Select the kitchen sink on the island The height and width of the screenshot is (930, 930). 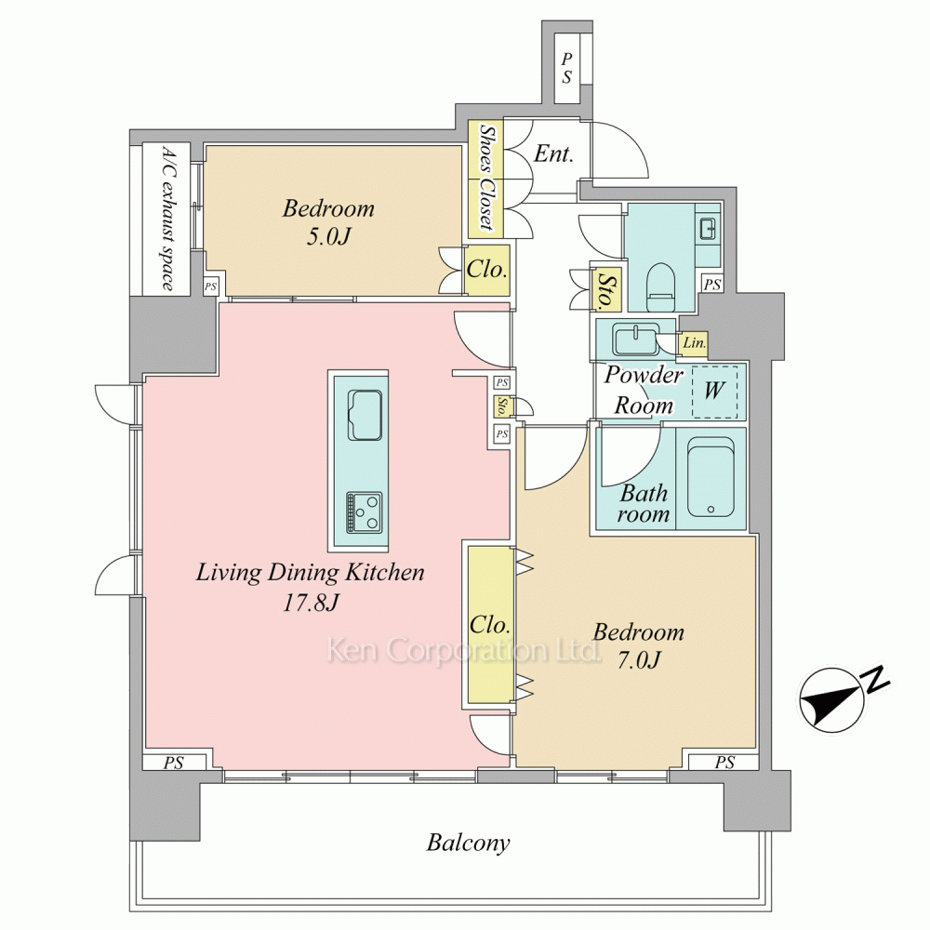(x=365, y=415)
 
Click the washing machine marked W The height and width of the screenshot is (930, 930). (x=714, y=392)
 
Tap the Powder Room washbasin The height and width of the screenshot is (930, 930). (x=636, y=339)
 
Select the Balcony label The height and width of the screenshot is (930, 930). (x=468, y=843)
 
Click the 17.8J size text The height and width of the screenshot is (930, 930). (x=311, y=604)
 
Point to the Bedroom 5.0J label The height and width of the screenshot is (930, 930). (x=328, y=222)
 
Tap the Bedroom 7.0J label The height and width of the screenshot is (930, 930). (x=638, y=645)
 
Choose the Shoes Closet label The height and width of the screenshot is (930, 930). (x=486, y=177)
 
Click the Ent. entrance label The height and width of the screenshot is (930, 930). (x=553, y=153)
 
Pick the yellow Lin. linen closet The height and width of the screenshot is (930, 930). (x=694, y=343)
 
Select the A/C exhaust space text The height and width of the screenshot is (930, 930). (x=167, y=219)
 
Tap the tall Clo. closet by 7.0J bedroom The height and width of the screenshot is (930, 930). (x=490, y=625)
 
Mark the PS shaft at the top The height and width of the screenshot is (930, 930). (x=567, y=68)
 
